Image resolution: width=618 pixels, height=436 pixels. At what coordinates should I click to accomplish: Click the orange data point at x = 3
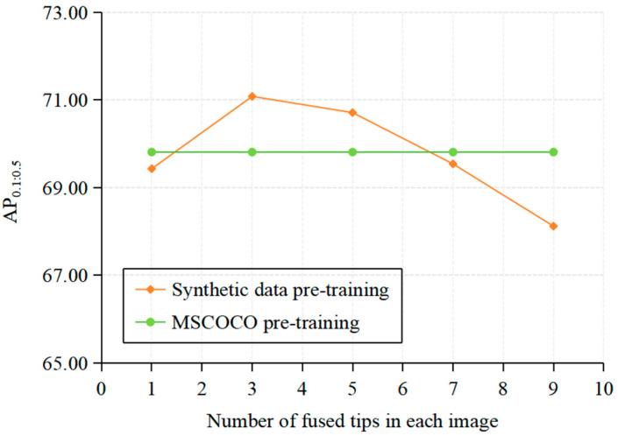point(252,96)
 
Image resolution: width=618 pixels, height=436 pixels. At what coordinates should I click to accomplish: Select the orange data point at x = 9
point(553,226)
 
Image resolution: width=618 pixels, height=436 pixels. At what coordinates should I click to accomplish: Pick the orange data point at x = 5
point(352,112)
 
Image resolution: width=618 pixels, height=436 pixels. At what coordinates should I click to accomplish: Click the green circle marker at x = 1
point(152,151)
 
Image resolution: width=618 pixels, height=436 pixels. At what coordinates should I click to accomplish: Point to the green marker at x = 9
point(553,151)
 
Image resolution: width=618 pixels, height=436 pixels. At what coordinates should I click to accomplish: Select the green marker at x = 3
point(252,151)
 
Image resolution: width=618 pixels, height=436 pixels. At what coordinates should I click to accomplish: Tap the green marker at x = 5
point(352,151)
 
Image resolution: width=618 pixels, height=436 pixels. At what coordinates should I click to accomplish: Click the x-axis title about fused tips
point(352,421)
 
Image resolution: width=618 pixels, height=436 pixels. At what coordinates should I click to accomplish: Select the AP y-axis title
point(18,189)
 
